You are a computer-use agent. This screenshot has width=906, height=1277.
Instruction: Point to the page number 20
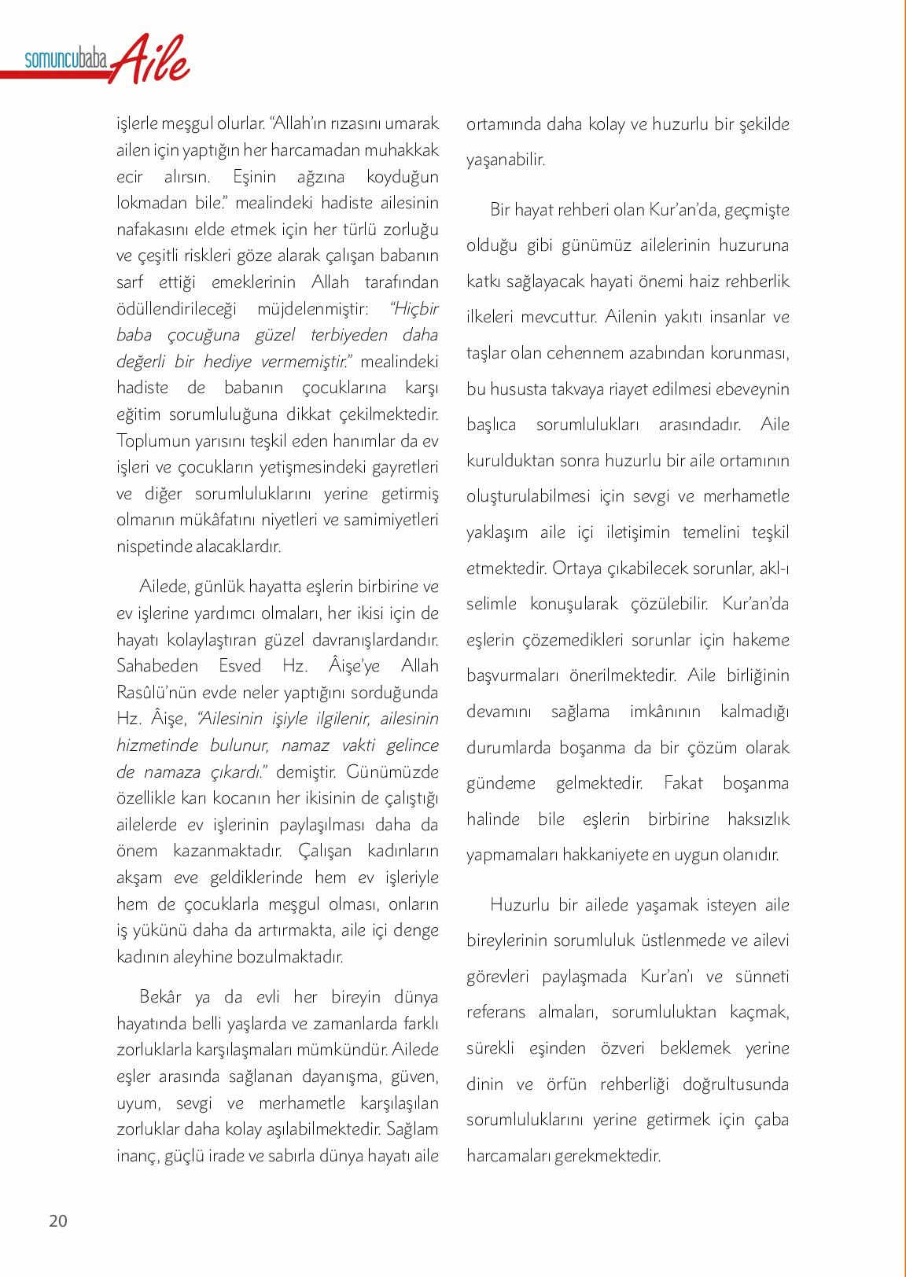(x=58, y=1221)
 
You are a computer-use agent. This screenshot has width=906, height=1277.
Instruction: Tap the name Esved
(x=235, y=665)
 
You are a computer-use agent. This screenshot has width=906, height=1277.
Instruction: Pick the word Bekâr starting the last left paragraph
(x=160, y=997)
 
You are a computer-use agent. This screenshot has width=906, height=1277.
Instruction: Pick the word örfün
(x=566, y=1084)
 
